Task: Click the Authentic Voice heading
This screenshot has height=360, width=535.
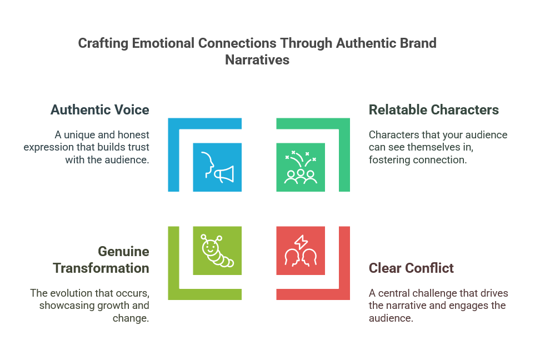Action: (100, 110)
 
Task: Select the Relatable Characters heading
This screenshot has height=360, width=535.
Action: (434, 110)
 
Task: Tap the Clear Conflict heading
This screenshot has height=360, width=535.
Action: (411, 268)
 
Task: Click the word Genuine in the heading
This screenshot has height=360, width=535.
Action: (123, 252)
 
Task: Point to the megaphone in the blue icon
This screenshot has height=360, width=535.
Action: (224, 174)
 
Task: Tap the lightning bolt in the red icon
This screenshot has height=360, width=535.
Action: (301, 242)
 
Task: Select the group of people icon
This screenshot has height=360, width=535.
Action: (301, 168)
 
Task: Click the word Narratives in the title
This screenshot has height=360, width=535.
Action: (257, 60)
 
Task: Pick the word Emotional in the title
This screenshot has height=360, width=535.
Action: (163, 43)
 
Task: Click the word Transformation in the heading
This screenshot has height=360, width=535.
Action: (101, 268)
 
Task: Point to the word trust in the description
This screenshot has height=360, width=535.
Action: (138, 147)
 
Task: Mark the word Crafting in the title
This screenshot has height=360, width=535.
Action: (103, 44)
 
